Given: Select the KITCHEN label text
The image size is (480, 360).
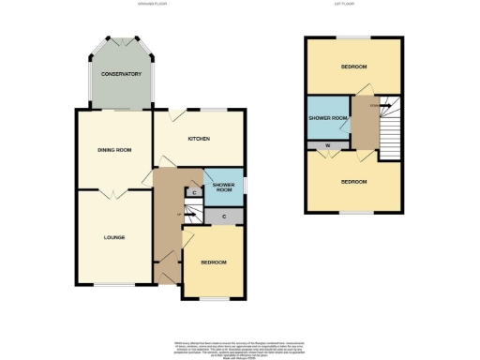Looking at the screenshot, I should click(198, 139).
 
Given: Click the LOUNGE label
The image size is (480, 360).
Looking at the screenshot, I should click(114, 237).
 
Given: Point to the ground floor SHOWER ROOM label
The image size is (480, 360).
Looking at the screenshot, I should click(222, 187).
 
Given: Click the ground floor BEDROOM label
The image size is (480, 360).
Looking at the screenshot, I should click(213, 262).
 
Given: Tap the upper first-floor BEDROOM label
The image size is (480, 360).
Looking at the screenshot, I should click(353, 67).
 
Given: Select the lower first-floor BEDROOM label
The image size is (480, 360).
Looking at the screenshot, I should click(353, 182).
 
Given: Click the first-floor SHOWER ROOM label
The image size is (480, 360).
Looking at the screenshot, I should click(328, 118).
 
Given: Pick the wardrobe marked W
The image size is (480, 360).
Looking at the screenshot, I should click(327, 145).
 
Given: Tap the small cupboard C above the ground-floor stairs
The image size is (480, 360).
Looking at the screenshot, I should click(192, 193).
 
